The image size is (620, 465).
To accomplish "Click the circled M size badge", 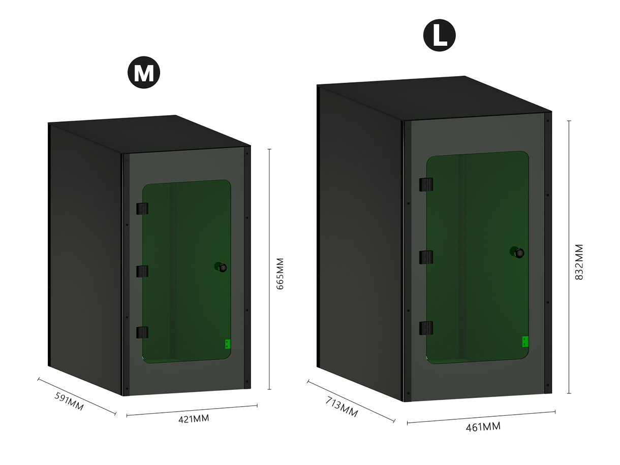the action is pyautogui.click(x=144, y=72).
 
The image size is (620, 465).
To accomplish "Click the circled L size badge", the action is pyautogui.click(x=439, y=35).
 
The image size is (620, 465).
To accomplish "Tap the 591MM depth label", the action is pyautogui.click(x=69, y=401).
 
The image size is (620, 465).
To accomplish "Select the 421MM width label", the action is pyautogui.click(x=194, y=419).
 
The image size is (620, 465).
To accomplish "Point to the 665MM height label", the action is pyautogui.click(x=280, y=274).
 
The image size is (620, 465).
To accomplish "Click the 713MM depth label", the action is pyautogui.click(x=342, y=407).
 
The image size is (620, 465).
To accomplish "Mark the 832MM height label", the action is pyautogui.click(x=579, y=262).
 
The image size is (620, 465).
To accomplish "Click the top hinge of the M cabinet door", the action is pyautogui.click(x=142, y=209).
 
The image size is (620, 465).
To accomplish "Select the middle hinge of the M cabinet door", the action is pyautogui.click(x=142, y=271).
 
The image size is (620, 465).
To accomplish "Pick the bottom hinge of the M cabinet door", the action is pyautogui.click(x=142, y=333).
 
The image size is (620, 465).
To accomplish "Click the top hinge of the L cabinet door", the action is pyautogui.click(x=426, y=185).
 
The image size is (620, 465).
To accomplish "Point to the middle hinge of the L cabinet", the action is pyautogui.click(x=426, y=257).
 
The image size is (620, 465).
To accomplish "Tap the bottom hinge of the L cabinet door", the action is pyautogui.click(x=426, y=328).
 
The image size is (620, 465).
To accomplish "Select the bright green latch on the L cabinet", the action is pyautogui.click(x=525, y=342).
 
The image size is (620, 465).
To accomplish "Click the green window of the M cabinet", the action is pyautogui.click(x=187, y=272).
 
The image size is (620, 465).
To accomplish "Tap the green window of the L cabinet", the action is pyautogui.click(x=477, y=257).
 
